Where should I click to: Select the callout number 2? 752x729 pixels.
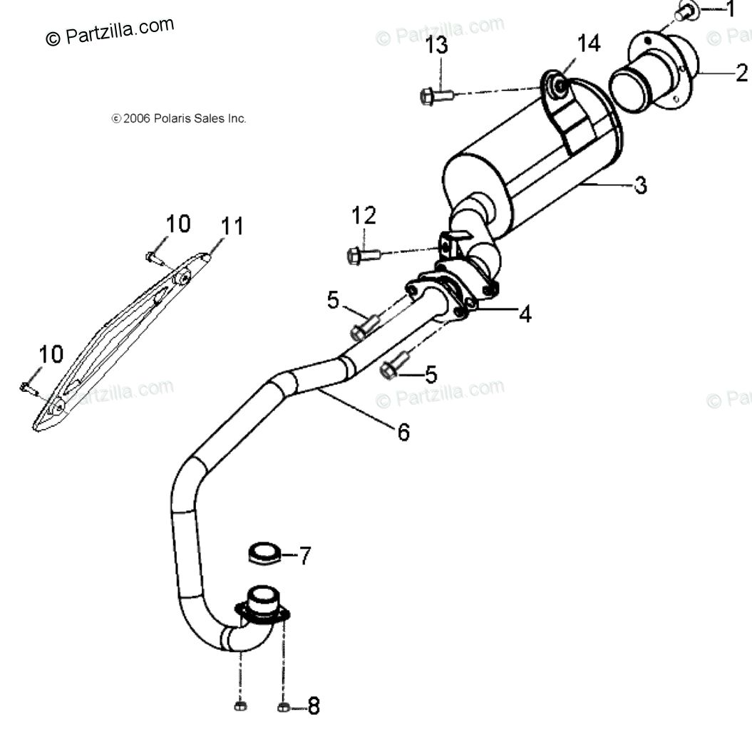741,73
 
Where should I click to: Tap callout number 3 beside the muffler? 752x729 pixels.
641,186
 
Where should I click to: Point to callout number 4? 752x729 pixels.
525,314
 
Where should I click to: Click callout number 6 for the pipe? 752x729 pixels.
403,431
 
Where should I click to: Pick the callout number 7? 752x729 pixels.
304,555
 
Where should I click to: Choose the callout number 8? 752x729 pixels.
313,705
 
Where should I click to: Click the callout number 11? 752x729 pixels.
232,227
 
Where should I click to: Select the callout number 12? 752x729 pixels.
363,215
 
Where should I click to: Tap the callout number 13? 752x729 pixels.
437,46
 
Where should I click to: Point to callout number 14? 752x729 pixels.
588,43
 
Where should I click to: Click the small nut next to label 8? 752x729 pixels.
283,707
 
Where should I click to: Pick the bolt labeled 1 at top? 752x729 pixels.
684,12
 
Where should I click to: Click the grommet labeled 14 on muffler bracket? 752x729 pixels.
560,86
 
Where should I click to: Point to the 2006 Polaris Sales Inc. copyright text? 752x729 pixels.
178,119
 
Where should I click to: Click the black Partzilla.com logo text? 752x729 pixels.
110,32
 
